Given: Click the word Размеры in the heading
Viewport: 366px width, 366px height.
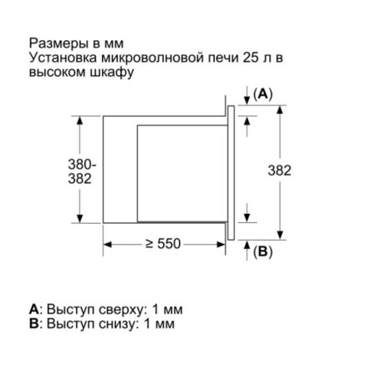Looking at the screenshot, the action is [56, 44].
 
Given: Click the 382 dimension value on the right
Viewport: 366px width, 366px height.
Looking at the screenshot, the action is [279, 170].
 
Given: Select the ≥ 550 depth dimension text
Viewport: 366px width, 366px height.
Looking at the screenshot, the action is [163, 244].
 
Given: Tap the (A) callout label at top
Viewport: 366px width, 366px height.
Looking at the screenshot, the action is [262, 94].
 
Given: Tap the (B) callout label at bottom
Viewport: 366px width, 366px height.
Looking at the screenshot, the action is [262, 252].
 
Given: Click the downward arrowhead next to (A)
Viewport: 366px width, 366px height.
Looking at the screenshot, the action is [247, 100].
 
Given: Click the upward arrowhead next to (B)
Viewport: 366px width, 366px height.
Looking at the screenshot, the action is [247, 244].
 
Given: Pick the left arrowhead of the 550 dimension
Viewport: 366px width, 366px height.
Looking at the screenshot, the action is [108, 245].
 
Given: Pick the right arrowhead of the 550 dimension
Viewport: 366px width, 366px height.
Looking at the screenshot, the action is [221, 245].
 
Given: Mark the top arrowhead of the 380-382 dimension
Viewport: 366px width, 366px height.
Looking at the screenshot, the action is [80, 120].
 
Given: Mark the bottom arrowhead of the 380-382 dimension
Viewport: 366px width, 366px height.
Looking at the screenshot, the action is [80, 218].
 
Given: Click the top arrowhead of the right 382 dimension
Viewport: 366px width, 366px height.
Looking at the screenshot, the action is [281, 109].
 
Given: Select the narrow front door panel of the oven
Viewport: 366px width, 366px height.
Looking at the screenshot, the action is [231, 173].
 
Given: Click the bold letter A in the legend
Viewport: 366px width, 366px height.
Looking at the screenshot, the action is [33, 309].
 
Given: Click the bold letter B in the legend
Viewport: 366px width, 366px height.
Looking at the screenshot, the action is [33, 323].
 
